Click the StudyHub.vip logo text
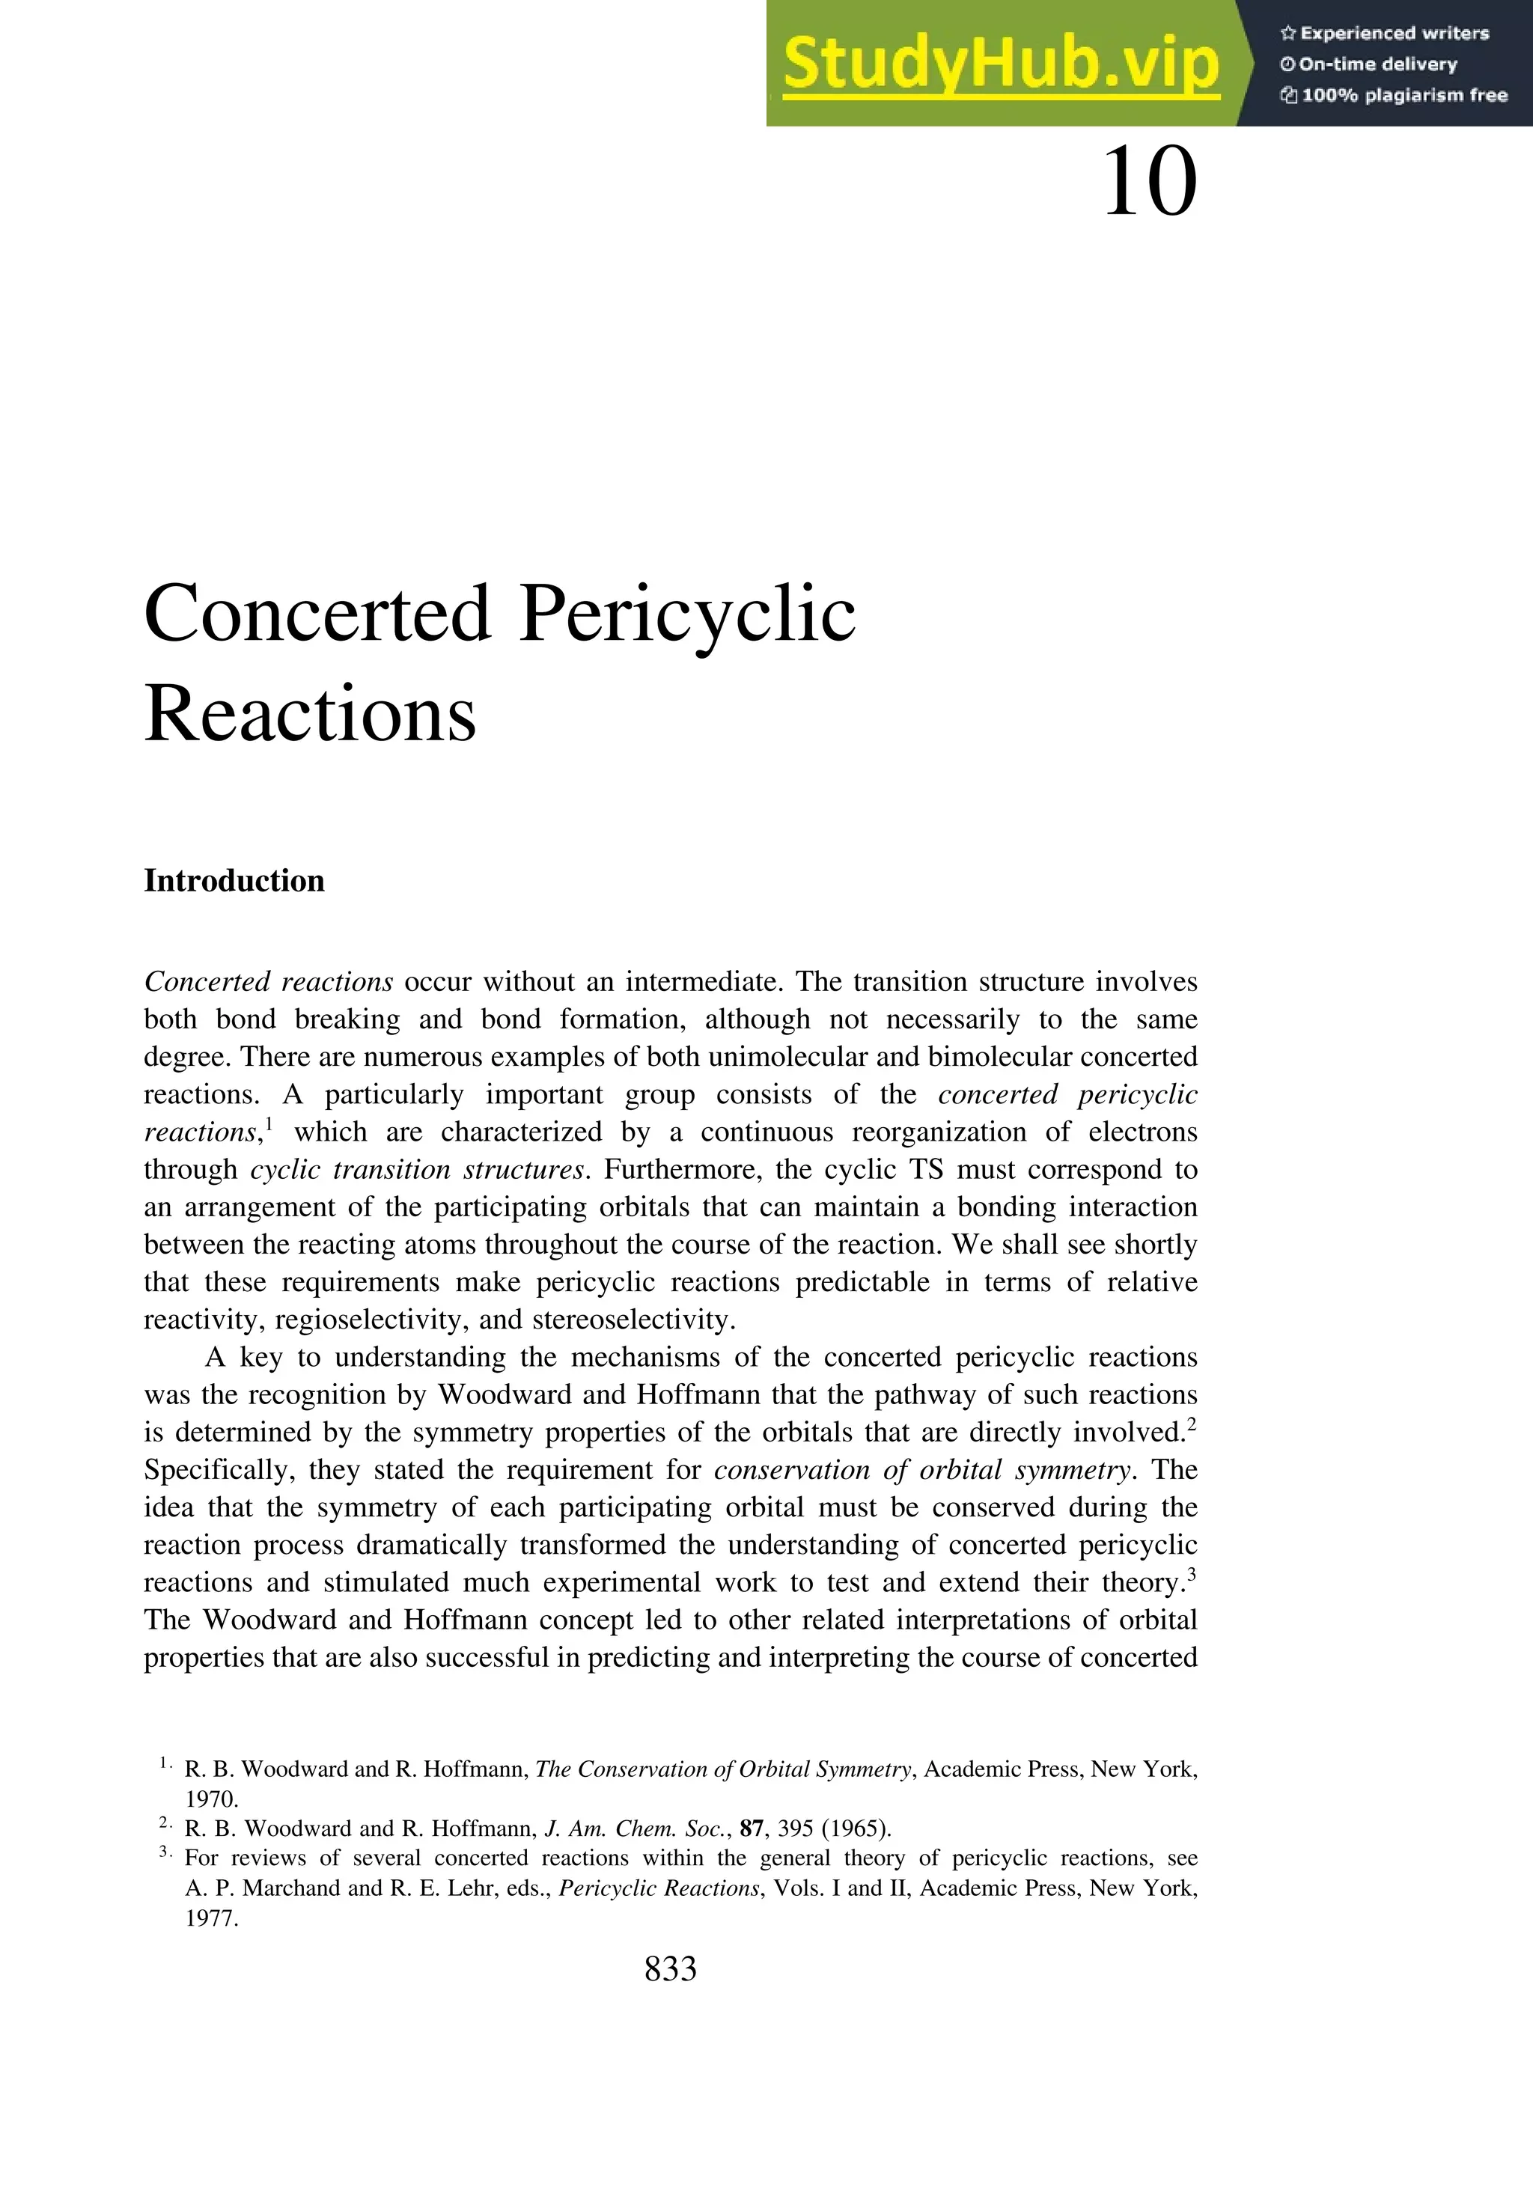[x=1001, y=65]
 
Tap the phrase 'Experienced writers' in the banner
[x=1394, y=34]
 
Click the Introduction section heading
[x=234, y=880]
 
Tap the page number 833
[x=671, y=1968]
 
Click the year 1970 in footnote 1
[x=211, y=1799]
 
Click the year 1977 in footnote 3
[x=211, y=1918]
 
